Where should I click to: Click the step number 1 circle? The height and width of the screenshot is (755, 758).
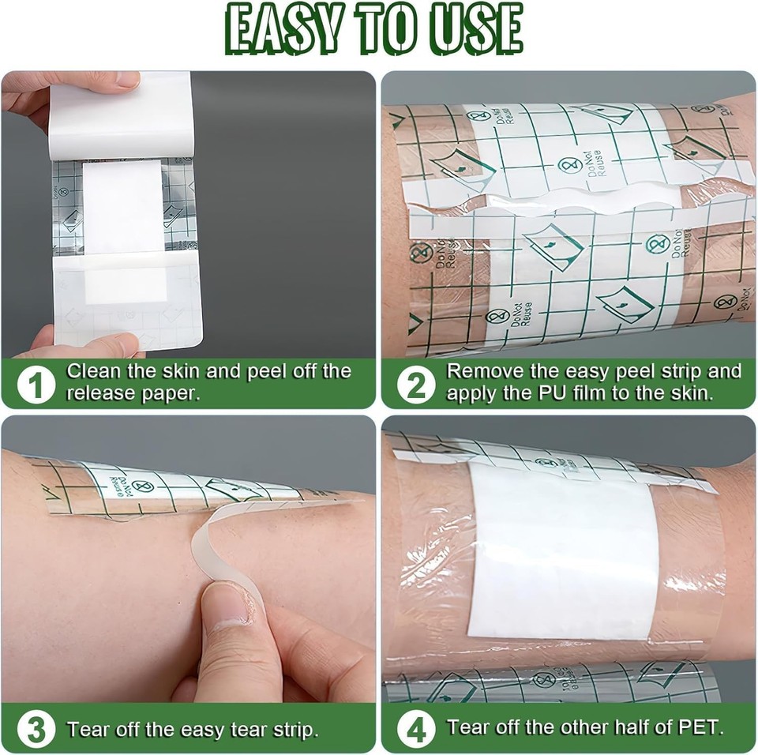tap(36, 384)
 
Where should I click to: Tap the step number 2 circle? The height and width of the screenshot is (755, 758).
tap(415, 384)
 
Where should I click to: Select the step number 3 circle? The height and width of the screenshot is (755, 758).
tap(36, 728)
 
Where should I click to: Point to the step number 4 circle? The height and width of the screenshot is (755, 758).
tap(415, 728)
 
